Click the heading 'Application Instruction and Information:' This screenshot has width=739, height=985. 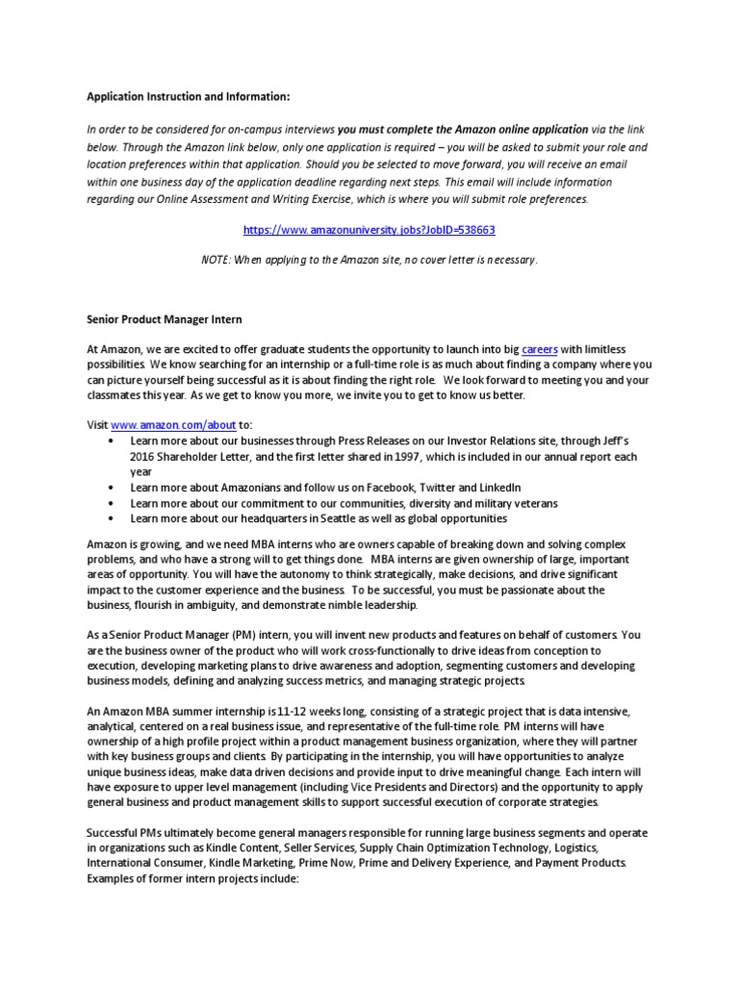point(188,97)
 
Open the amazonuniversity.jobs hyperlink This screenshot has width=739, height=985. point(369,231)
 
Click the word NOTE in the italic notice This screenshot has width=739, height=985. point(218,260)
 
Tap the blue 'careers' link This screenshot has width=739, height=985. point(540,349)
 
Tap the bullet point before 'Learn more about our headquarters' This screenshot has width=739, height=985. point(114,518)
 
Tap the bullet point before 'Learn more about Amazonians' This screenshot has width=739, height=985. point(114,488)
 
